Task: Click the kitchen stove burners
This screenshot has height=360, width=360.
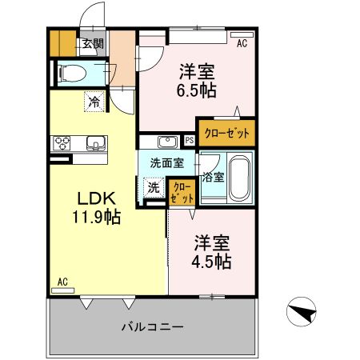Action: coord(62,144)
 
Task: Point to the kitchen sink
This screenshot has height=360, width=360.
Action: coord(95,144)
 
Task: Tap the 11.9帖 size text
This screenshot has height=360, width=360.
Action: coord(98,216)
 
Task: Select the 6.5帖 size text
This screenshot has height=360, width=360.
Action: coord(196,90)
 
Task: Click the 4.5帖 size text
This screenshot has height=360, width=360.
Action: coord(212,262)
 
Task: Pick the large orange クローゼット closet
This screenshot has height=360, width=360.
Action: coord(226,133)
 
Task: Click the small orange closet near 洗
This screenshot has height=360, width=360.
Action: coord(182,192)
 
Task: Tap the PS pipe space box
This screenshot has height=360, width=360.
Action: coord(189,140)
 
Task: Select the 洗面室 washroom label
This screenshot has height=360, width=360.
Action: coord(167,162)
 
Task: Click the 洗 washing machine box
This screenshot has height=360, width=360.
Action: coord(153,188)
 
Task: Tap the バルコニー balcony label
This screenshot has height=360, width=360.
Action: coord(154,326)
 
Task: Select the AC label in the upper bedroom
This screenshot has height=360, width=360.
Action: coord(241,45)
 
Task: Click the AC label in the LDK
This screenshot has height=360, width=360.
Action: coord(63,282)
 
